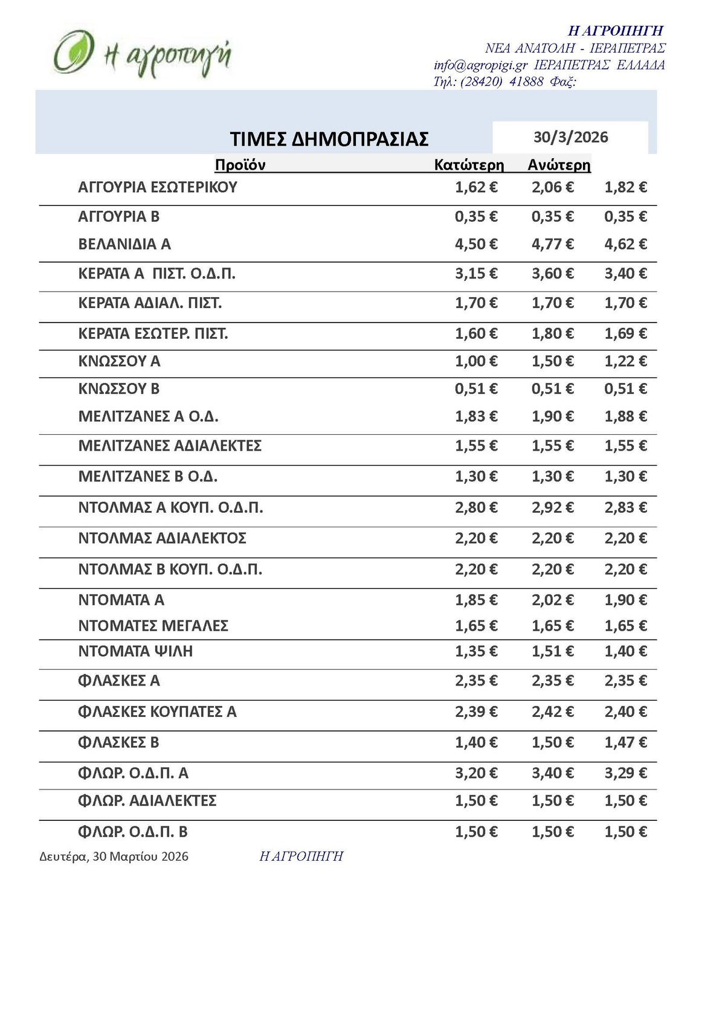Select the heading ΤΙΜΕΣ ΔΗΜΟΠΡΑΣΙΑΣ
(x=329, y=139)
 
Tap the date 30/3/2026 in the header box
(x=570, y=137)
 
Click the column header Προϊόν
(x=240, y=165)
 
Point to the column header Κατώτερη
(x=469, y=165)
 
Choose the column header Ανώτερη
(x=559, y=165)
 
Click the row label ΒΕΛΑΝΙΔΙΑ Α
(x=124, y=244)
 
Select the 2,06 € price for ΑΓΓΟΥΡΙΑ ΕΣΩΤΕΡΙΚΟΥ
(x=552, y=187)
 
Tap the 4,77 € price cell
(x=552, y=244)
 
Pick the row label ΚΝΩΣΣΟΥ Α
(x=119, y=361)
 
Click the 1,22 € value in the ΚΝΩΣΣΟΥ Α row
(x=625, y=361)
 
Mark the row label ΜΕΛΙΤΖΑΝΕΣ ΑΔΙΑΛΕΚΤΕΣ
(x=170, y=446)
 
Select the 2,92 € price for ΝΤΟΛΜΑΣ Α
(x=552, y=507)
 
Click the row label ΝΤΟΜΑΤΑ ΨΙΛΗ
(x=135, y=651)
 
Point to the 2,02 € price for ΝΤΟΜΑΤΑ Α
(x=552, y=600)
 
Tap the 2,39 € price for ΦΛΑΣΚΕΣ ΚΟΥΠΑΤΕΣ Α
(x=476, y=712)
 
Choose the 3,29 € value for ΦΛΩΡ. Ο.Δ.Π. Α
(x=625, y=773)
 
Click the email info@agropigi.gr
(x=481, y=65)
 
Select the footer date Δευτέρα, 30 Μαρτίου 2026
(x=114, y=856)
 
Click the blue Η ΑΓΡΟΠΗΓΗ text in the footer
(x=301, y=856)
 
